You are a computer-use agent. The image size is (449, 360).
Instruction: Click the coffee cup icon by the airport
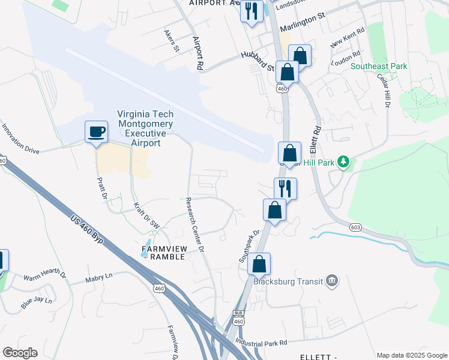point(96,131)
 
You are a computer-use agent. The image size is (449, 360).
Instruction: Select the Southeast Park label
point(379,67)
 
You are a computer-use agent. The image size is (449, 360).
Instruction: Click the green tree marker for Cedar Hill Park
point(343,161)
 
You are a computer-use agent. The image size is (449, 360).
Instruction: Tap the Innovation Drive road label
point(20,140)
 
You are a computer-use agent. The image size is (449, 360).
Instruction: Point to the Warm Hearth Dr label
point(44,276)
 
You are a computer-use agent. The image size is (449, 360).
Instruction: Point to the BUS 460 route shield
point(238,318)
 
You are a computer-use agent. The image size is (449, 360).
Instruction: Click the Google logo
point(19,353)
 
